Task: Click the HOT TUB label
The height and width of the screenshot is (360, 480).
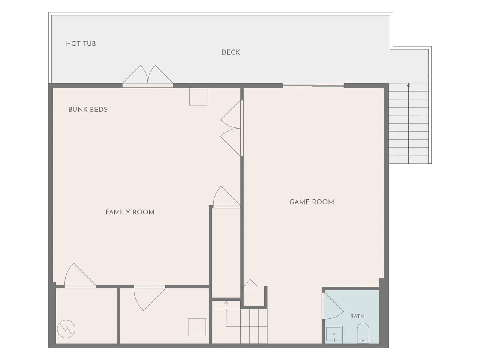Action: (81, 44)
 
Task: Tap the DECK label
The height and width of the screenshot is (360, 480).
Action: (231, 52)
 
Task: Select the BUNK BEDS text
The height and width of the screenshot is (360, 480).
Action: (88, 109)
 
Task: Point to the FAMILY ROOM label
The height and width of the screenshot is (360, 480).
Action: (130, 212)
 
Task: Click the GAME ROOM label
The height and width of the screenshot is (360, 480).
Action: (312, 202)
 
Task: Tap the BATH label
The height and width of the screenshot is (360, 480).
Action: (357, 316)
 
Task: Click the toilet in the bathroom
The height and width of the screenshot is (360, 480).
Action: (363, 333)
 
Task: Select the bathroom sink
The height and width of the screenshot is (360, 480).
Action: (334, 334)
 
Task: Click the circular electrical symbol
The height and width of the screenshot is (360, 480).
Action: (66, 329)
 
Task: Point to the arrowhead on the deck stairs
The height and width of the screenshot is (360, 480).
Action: (408, 85)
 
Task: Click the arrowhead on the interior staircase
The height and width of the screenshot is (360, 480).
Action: (226, 303)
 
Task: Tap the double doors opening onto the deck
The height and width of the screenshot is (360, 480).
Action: (148, 75)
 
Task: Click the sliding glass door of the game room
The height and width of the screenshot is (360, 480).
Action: (313, 85)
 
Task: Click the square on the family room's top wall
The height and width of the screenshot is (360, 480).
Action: (198, 96)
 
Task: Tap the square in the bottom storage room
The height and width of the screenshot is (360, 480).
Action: (197, 327)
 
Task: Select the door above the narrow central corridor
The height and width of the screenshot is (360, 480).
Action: (226, 197)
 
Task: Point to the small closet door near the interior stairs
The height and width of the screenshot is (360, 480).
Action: (250, 284)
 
